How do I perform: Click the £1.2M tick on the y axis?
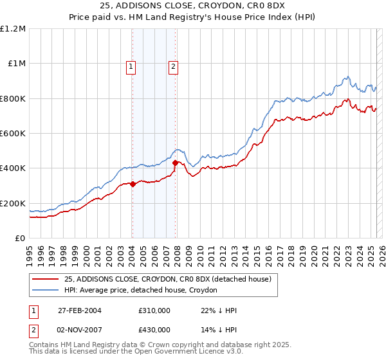click(x=13, y=29)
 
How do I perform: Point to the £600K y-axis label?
click(x=13, y=134)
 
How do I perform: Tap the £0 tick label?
click(x=19, y=239)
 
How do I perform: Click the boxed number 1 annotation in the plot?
click(x=131, y=65)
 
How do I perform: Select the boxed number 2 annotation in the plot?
click(x=174, y=65)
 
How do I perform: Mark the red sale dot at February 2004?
click(x=133, y=184)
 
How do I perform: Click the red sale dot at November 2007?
click(x=175, y=163)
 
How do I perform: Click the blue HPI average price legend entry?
click(x=140, y=291)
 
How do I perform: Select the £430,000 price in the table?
click(x=154, y=330)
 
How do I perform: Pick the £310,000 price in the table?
click(x=154, y=310)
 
